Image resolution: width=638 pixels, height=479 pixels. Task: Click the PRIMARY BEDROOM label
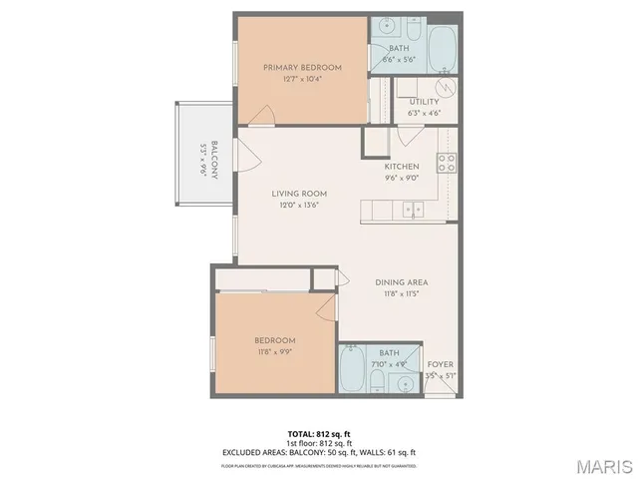[x=302, y=68]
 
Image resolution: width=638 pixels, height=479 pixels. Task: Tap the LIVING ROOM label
[x=300, y=194]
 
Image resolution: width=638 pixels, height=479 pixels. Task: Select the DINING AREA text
[x=402, y=282]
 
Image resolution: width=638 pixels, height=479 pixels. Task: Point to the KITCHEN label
[x=402, y=166]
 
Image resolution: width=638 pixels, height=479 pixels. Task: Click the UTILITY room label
[x=424, y=102]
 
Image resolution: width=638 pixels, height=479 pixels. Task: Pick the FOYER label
[x=441, y=364]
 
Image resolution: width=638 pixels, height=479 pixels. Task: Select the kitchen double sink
[x=413, y=209]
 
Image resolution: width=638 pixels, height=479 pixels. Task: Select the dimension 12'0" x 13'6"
[x=300, y=206]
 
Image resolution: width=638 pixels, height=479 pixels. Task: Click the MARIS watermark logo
[x=603, y=465]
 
